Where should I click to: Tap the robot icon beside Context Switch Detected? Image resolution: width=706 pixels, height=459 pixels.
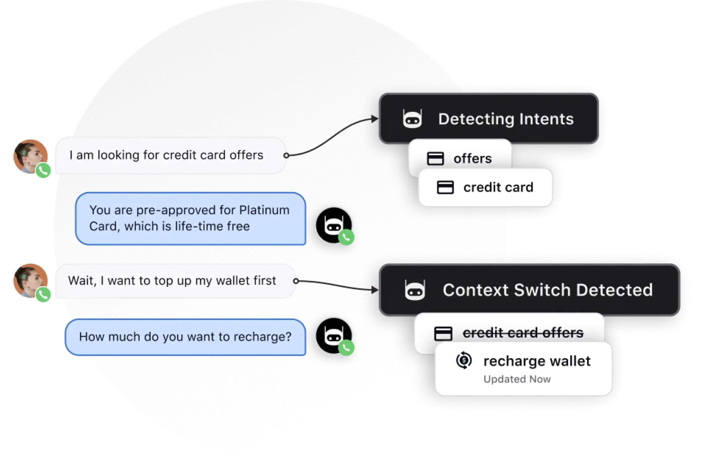(415, 290)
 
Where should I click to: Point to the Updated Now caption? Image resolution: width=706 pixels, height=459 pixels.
(517, 379)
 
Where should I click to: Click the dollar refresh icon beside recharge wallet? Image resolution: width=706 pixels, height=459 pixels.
(464, 360)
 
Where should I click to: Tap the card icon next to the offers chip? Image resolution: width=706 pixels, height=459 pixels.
(435, 159)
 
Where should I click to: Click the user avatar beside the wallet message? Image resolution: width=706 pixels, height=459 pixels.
(30, 280)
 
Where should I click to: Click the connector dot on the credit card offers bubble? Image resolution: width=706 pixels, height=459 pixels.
(286, 155)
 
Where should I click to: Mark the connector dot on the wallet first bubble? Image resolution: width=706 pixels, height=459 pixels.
(296, 281)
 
